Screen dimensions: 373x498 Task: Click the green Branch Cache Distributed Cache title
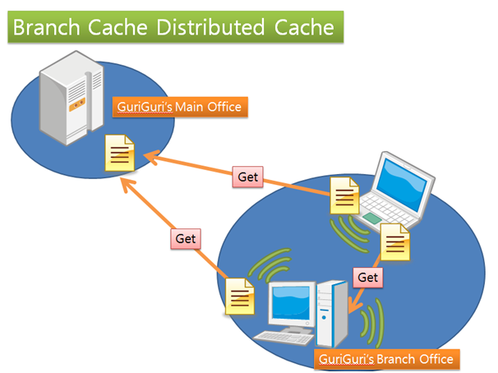(173, 28)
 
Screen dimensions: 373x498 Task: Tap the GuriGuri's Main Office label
(179, 108)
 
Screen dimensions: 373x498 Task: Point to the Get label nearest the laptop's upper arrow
(248, 177)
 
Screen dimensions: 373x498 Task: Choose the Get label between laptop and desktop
(368, 277)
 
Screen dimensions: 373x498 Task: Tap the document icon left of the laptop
(344, 195)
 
